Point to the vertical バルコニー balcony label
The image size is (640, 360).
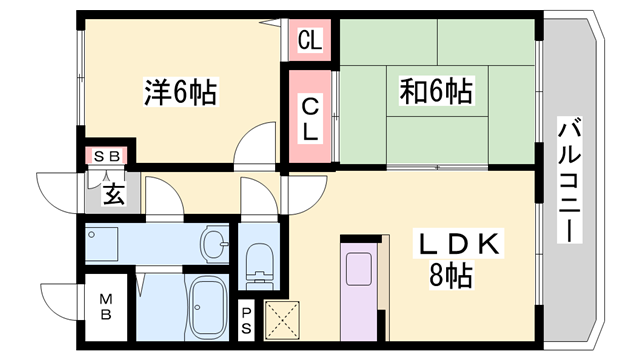coord(570,180)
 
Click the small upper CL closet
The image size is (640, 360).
coord(309,42)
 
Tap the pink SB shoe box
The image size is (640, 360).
coord(105,156)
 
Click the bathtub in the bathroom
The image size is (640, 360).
coord(209,305)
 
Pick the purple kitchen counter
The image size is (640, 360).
coord(359,290)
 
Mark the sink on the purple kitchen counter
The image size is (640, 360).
coord(359,270)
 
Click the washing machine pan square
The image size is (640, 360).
coord(103,244)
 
